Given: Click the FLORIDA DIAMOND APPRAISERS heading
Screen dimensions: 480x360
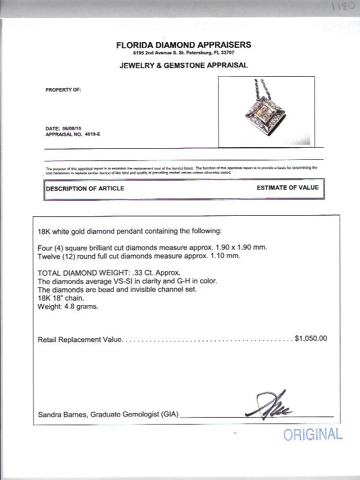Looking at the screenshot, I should [x=183, y=45].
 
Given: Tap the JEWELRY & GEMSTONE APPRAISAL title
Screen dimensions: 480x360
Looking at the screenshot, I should [x=183, y=65].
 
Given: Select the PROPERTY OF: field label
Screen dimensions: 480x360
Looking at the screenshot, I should [x=63, y=90].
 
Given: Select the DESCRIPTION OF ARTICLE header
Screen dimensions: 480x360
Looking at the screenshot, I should [x=85, y=189].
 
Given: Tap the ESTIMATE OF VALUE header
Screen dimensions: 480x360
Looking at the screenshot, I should [x=287, y=188].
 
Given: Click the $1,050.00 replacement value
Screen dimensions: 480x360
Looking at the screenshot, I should [x=310, y=339].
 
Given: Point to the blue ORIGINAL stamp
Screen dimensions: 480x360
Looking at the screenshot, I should [x=312, y=434].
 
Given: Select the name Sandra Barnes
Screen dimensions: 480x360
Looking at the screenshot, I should [x=62, y=415].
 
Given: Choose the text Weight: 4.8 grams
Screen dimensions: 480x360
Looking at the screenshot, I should [x=68, y=306].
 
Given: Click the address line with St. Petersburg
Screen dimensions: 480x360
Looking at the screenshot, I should [x=183, y=53].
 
